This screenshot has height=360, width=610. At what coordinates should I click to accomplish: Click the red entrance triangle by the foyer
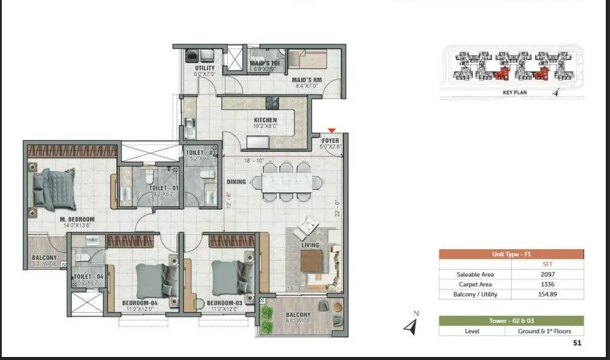(x=331, y=131)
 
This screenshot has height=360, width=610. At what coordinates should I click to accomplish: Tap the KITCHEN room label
(x=265, y=120)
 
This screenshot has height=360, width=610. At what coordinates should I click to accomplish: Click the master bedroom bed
(x=53, y=187)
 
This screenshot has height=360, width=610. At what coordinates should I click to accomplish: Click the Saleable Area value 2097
(x=548, y=274)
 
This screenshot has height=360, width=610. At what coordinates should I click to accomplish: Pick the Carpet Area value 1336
(x=548, y=285)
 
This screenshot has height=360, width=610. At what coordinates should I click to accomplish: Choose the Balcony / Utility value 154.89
(x=548, y=294)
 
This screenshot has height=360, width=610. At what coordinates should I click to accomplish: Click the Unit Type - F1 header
(x=511, y=255)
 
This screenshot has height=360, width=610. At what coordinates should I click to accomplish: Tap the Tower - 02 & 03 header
(x=511, y=321)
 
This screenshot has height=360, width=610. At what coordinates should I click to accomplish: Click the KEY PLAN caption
(x=514, y=93)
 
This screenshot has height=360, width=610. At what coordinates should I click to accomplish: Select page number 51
(x=577, y=343)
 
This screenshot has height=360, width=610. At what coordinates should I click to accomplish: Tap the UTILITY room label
(x=204, y=68)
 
